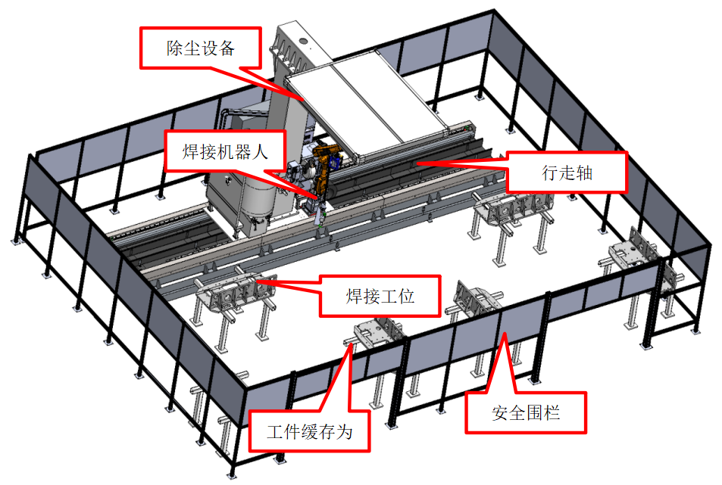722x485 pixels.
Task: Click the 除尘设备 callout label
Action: [x=202, y=48]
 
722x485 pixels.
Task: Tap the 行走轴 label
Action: [x=567, y=173]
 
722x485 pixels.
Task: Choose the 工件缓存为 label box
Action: [x=310, y=432]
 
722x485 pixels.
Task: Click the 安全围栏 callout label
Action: [x=526, y=412]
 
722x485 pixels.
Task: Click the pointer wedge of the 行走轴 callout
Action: [x=462, y=161]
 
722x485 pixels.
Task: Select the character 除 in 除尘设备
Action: [x=175, y=48]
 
